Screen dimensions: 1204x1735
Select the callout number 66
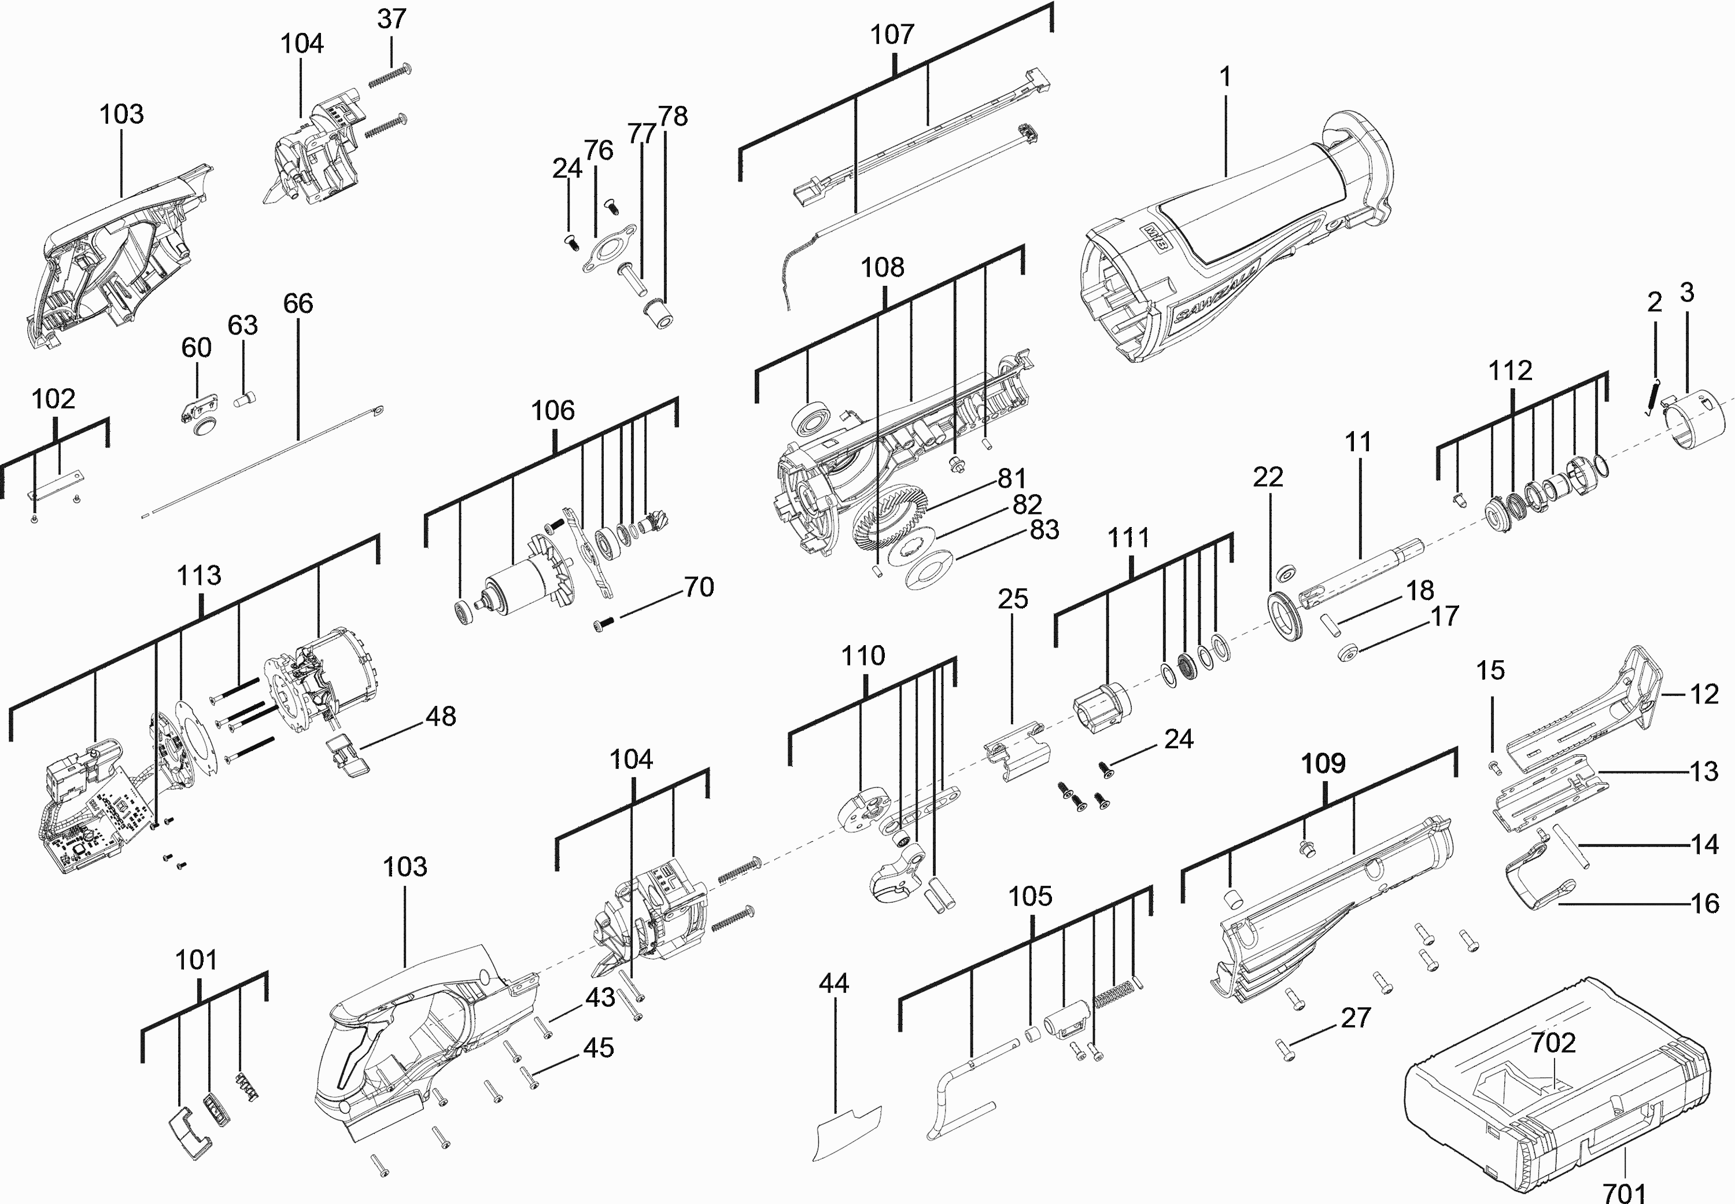coord(298,303)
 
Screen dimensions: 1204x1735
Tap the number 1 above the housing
coord(1225,76)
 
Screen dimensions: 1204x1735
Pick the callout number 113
coord(199,576)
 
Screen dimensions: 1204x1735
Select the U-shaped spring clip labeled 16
coord(1539,883)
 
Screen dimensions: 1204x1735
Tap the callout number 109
coord(1323,764)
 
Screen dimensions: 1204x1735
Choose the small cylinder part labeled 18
coord(1327,625)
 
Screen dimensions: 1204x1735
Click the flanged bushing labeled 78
coord(660,314)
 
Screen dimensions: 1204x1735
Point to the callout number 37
coord(392,19)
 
